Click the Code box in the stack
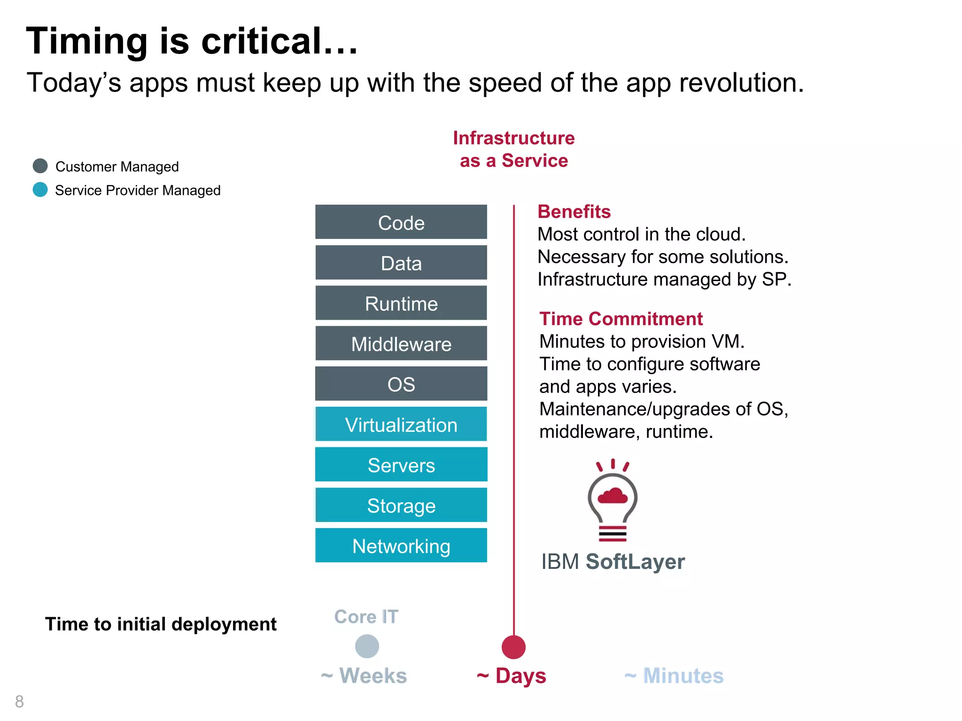point(401,222)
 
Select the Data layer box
point(401,263)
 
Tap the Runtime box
point(401,303)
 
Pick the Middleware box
point(401,344)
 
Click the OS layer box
point(401,384)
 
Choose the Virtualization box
point(401,424)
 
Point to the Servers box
point(401,465)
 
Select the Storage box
point(401,505)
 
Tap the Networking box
point(401,545)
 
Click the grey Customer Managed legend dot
point(40,166)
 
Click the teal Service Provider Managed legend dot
point(40,190)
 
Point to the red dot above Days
point(513,647)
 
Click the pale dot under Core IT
point(367,646)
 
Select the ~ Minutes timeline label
point(674,676)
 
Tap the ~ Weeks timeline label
point(364,676)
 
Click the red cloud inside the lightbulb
point(613,496)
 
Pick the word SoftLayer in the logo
point(635,561)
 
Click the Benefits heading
point(574,212)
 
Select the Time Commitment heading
point(621,319)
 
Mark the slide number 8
point(19,701)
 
